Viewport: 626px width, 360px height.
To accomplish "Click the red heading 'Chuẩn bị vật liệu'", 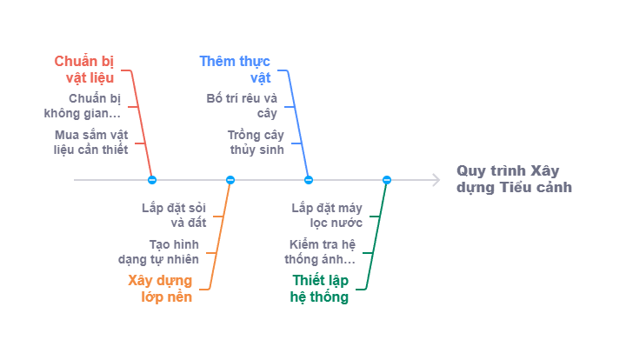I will tap(84, 68).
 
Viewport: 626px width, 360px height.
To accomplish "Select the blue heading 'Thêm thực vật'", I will tap(235, 68).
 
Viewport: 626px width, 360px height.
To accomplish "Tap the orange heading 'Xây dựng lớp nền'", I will tap(160, 289).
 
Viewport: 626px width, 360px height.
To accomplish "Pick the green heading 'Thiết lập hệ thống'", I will tap(320, 289).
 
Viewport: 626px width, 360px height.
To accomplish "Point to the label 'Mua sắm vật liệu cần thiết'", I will tap(90, 143).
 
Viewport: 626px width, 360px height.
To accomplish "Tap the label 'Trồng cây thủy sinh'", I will tap(256, 143).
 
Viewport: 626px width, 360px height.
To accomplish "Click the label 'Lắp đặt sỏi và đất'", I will tap(173, 215).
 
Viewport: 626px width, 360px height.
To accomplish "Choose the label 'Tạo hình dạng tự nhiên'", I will tap(159, 252).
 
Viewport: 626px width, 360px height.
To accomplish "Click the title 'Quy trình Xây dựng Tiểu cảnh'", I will tap(514, 178).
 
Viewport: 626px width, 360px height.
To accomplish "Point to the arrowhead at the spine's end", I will tap(436, 180).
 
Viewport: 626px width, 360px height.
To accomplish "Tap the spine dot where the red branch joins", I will tap(152, 180).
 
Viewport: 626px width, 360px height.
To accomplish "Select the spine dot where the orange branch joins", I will tap(230, 180).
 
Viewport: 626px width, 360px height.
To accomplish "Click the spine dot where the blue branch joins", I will tap(309, 180).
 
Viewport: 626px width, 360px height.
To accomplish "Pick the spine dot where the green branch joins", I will tap(387, 180).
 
